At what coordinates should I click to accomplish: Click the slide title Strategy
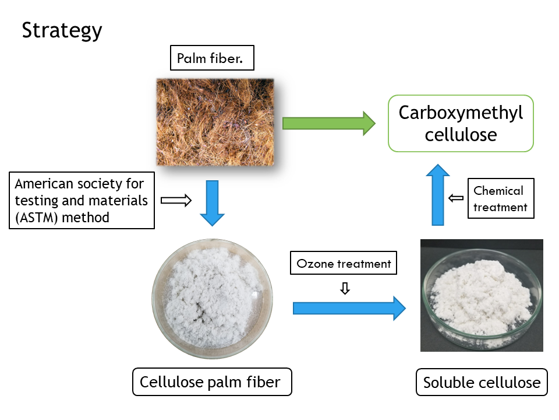[x=62, y=30]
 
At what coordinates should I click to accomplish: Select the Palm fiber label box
[x=213, y=58]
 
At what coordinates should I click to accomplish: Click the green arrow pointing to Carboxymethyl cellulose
[x=329, y=123]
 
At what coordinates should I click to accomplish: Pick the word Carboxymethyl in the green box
[x=461, y=113]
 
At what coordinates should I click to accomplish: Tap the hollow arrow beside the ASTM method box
[x=176, y=200]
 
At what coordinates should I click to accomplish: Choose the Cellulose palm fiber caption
[x=210, y=383]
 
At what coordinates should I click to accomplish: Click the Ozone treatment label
[x=344, y=264]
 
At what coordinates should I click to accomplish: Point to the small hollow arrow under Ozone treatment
[x=345, y=288]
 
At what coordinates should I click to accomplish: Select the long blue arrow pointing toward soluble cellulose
[x=349, y=307]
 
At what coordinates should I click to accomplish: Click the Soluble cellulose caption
[x=482, y=383]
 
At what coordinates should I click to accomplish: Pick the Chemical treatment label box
[x=500, y=198]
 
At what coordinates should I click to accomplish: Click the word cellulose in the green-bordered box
[x=461, y=135]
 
